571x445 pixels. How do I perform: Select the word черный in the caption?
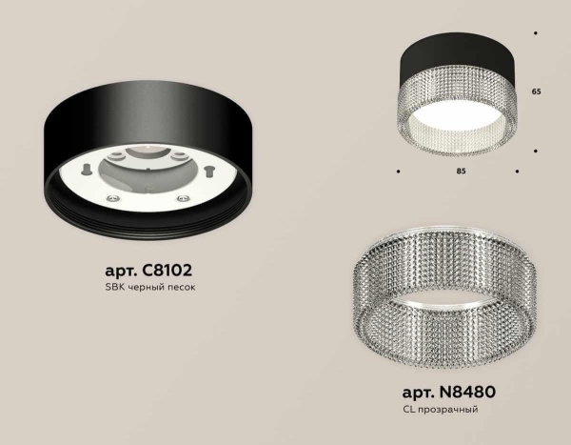pyautogui.click(x=152, y=288)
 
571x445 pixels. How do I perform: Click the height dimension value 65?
pyautogui.click(x=537, y=92)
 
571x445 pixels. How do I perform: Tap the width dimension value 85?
pyautogui.click(x=460, y=172)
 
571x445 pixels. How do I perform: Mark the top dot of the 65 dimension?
pyautogui.click(x=537, y=34)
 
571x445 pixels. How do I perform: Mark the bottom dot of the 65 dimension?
pyautogui.click(x=537, y=151)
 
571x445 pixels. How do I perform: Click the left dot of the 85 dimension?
pyautogui.click(x=397, y=172)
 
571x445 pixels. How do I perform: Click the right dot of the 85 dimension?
pyautogui.click(x=516, y=172)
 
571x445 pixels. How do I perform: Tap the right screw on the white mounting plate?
pyautogui.click(x=179, y=199)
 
